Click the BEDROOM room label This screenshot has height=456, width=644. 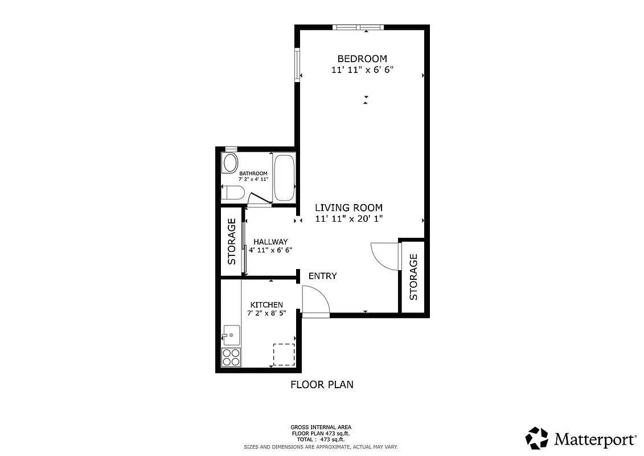tap(362, 59)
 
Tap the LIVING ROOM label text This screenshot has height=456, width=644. tap(348, 208)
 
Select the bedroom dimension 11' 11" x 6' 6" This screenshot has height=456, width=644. tap(362, 70)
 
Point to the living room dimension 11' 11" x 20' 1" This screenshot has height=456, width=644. tap(348, 219)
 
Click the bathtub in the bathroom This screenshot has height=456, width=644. tap(284, 177)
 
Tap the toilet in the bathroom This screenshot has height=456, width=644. tap(233, 193)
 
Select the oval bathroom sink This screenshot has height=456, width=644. tap(231, 164)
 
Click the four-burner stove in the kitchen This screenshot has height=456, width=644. tap(231, 357)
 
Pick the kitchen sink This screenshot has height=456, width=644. tap(231, 335)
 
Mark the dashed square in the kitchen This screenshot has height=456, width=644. tap(284, 355)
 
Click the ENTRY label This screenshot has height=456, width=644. tap(322, 276)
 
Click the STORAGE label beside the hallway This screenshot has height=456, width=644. tap(232, 242)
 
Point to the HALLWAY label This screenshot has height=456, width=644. tap(270, 242)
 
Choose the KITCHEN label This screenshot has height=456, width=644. tap(265, 306)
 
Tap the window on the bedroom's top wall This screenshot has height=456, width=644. tap(358, 27)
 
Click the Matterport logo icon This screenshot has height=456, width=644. tap(536, 438)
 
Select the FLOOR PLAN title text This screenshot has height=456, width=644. tap(322, 385)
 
